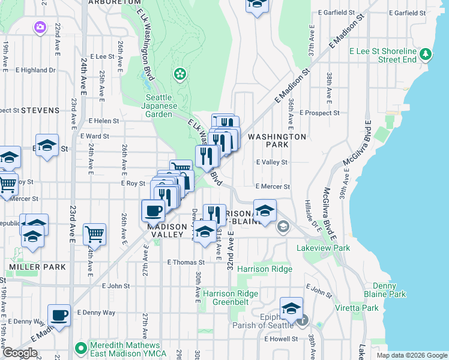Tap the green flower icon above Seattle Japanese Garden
point(179,74)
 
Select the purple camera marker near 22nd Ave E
point(40,26)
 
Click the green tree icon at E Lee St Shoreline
point(426,55)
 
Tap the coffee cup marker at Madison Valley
point(153,211)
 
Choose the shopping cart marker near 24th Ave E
point(94,234)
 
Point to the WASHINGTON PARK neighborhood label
point(277,141)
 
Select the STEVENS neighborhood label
point(40,110)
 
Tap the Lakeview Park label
point(323,248)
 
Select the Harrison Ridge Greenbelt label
point(231,298)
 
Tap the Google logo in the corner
point(19,353)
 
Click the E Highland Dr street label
point(35,70)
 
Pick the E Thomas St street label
point(186,262)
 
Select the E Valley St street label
point(272,162)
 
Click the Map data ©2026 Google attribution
point(412,355)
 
